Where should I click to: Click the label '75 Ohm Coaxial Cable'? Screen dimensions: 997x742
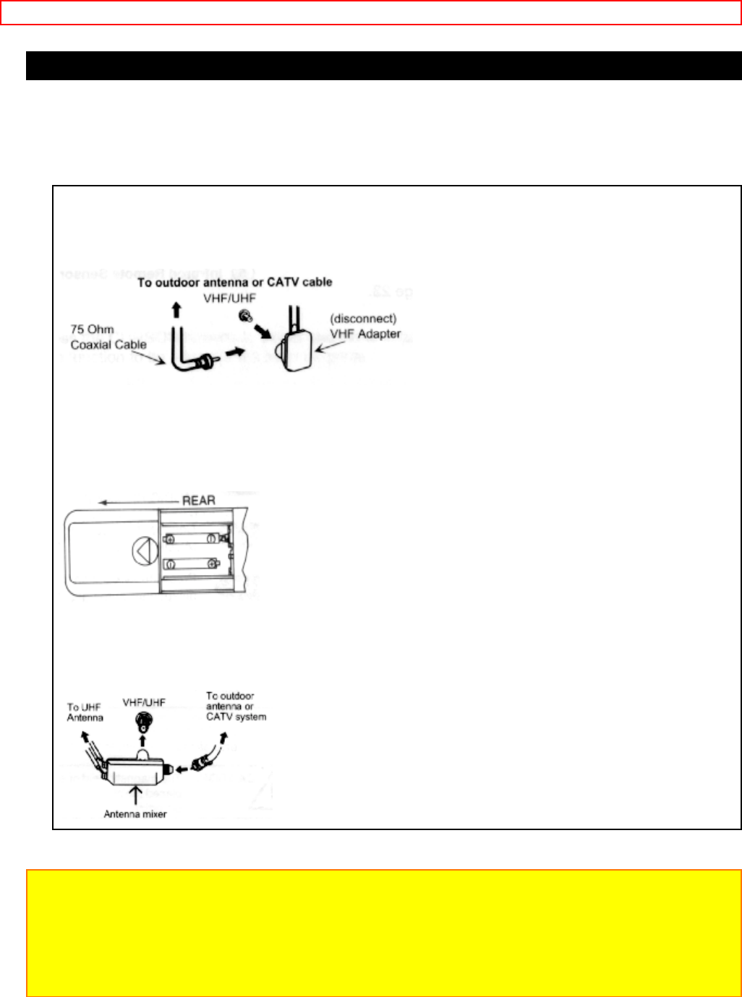(x=108, y=337)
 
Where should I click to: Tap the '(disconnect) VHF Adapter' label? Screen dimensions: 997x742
(x=365, y=326)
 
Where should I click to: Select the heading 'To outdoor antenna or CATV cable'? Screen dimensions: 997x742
(x=235, y=282)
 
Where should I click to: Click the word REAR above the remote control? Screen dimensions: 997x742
(x=198, y=500)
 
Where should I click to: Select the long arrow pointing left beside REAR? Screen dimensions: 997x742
(x=137, y=501)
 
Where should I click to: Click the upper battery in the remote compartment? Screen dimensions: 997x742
(x=190, y=538)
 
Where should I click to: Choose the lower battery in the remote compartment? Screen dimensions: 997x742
(x=190, y=564)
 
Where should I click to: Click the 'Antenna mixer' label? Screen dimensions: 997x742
(x=135, y=814)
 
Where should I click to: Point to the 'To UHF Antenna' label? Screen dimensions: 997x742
(x=85, y=712)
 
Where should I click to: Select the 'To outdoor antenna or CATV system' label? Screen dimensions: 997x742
(x=236, y=707)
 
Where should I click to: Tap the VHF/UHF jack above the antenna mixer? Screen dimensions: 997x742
(x=143, y=720)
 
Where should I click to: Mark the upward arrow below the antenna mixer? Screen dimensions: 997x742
(x=135, y=797)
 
